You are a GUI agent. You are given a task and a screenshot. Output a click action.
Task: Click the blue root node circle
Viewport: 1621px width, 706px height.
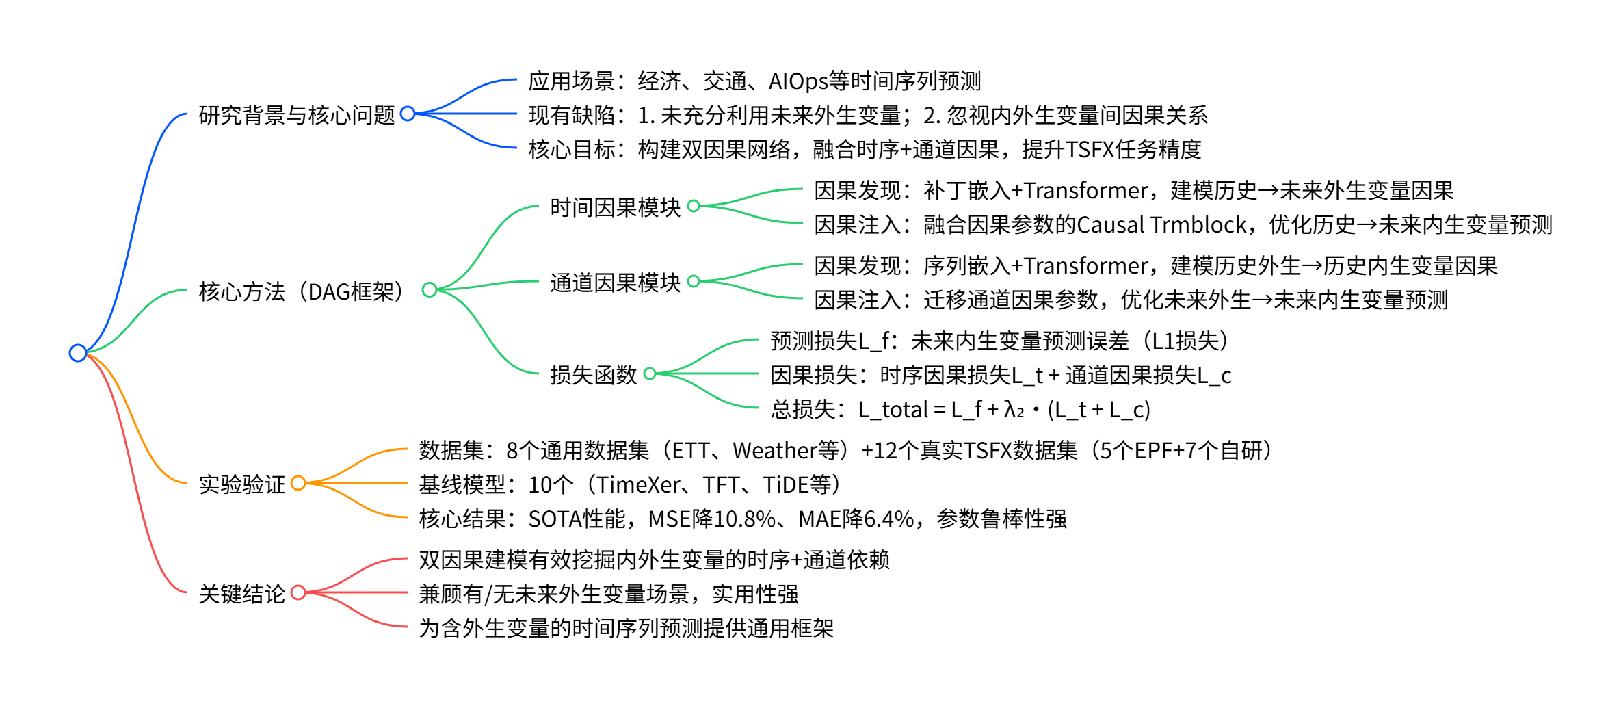[78, 353]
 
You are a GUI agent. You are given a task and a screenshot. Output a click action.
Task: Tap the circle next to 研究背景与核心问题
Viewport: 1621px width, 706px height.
[408, 114]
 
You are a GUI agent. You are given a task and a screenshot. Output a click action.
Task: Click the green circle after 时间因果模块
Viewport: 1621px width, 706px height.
[694, 206]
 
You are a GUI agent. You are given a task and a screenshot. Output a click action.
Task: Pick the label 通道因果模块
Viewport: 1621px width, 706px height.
[615, 283]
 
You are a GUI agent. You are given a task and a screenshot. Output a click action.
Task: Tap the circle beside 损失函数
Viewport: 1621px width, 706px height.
[650, 374]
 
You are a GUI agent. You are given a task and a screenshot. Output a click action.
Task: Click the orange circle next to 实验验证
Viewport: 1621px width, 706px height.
[298, 483]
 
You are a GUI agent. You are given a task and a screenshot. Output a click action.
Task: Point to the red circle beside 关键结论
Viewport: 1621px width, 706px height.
[298, 592]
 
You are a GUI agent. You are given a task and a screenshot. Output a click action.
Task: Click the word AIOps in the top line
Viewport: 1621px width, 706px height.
[798, 81]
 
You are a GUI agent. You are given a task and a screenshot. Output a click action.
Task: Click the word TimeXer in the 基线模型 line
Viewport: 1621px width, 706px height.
[638, 485]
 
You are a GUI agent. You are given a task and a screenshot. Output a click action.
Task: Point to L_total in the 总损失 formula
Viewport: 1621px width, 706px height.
[893, 410]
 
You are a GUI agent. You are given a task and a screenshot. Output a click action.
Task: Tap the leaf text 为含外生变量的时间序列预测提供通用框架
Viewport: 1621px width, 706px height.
[626, 629]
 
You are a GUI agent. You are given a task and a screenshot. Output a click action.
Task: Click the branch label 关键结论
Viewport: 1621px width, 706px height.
[241, 594]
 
